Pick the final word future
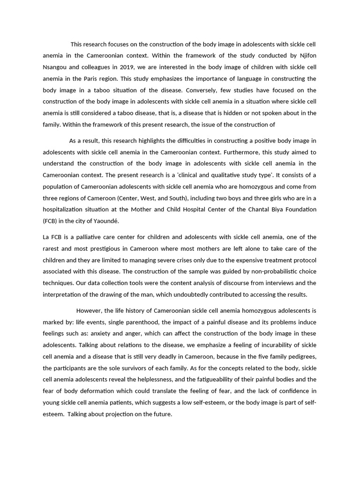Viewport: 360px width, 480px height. coord(161,413)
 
